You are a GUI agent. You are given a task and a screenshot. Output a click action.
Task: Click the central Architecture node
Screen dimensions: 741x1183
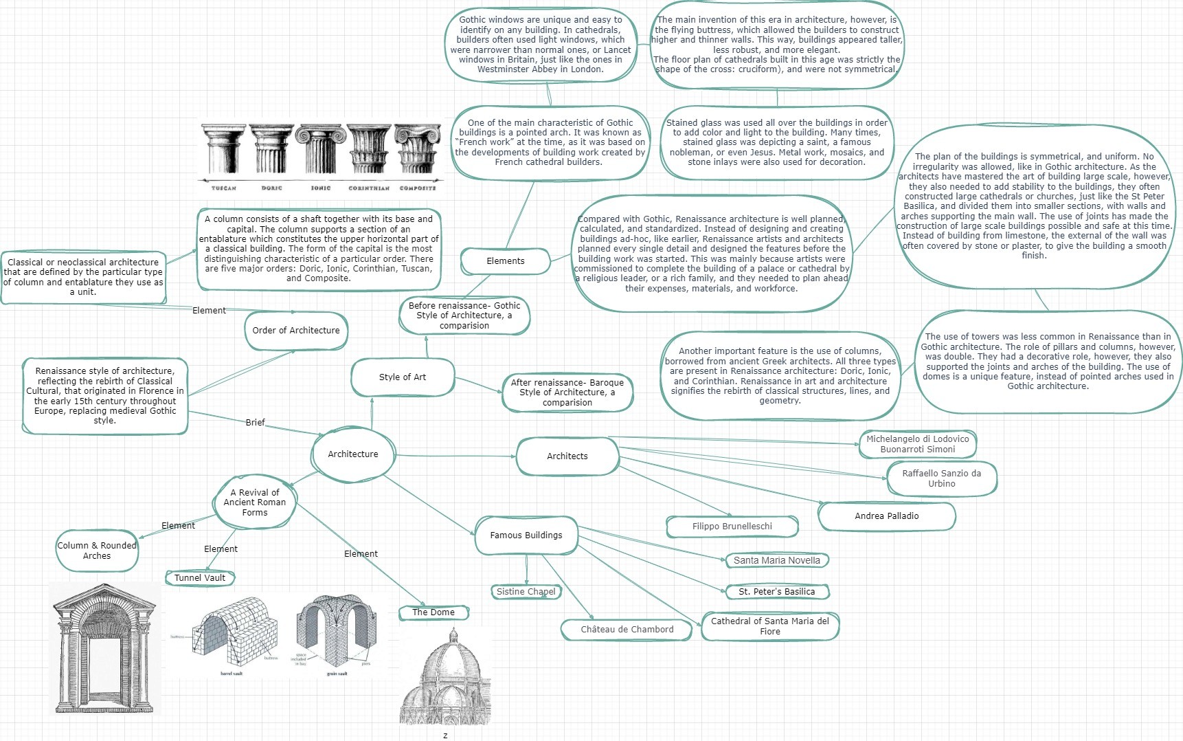point(353,454)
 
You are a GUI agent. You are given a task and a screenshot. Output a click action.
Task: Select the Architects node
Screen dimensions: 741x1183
point(567,456)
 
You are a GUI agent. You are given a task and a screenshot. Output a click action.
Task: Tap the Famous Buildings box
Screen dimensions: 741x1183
point(526,535)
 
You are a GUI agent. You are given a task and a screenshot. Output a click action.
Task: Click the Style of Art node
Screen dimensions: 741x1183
point(403,377)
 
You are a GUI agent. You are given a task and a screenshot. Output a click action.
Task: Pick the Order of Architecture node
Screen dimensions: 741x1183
point(296,331)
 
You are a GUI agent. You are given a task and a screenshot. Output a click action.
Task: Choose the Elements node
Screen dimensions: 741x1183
point(506,261)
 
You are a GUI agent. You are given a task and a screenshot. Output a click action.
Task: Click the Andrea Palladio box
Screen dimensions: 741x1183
point(886,516)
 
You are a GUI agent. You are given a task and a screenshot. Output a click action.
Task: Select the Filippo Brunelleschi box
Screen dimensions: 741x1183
point(732,527)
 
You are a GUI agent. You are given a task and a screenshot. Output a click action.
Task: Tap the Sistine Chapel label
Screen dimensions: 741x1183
point(526,592)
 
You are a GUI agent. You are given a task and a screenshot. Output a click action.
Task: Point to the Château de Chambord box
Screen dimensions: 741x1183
point(627,630)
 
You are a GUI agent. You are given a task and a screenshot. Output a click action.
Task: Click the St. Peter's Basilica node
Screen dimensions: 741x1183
point(776,592)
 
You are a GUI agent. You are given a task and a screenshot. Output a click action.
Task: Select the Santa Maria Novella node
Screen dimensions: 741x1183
point(776,560)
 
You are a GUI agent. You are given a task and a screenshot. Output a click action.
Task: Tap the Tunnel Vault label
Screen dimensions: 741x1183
point(200,578)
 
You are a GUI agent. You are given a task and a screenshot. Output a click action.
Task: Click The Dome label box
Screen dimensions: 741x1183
point(433,612)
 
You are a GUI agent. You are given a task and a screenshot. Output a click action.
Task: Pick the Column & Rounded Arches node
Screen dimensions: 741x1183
point(97,551)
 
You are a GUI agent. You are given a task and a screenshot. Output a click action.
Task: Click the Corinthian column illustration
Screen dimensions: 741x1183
point(369,151)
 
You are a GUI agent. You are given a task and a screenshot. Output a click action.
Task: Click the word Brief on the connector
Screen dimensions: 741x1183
point(255,423)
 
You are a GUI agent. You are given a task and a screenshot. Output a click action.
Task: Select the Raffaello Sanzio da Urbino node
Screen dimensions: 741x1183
point(941,478)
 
